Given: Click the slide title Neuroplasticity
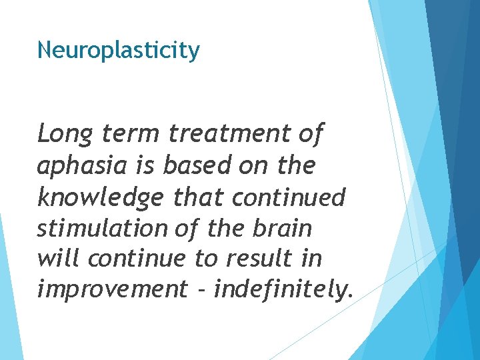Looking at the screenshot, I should coord(118,51).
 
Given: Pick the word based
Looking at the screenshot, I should coord(188,166).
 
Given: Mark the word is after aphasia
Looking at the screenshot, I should coord(140,166).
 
